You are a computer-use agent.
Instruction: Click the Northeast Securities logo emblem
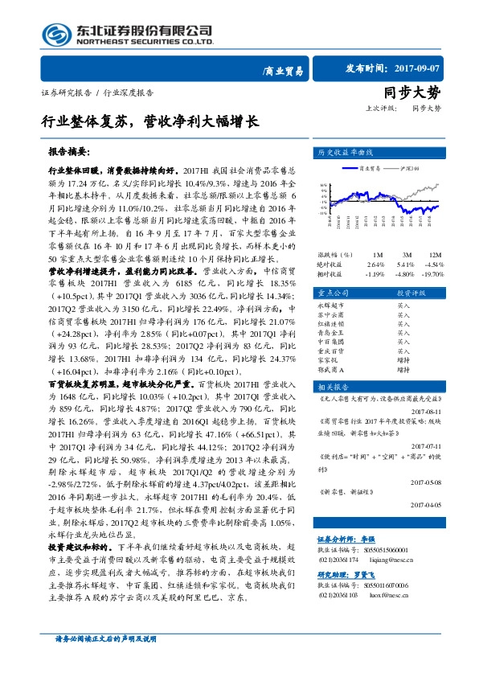(x=56, y=34)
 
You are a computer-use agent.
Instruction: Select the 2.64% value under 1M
(x=376, y=263)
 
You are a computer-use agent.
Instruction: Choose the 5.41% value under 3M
(x=404, y=263)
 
